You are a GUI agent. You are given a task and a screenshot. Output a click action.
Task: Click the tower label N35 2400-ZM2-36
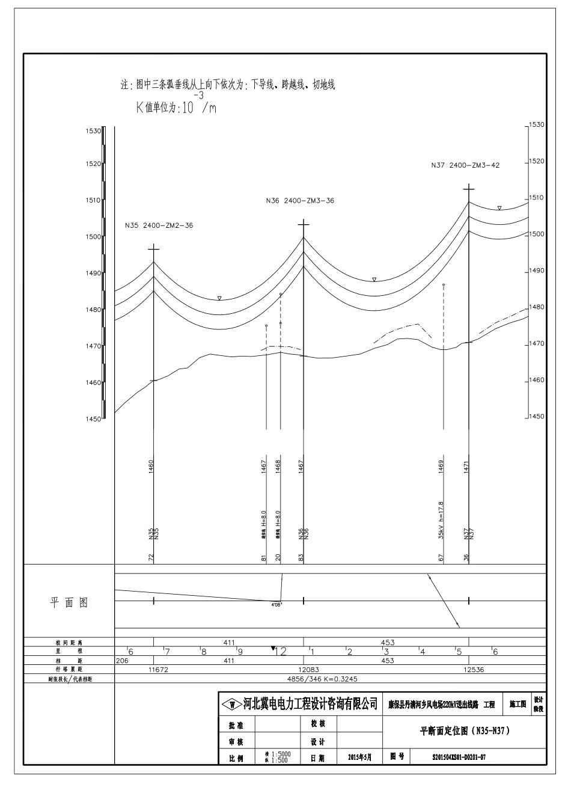pyautogui.click(x=159, y=225)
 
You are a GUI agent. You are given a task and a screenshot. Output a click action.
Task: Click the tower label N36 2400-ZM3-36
pyautogui.click(x=300, y=201)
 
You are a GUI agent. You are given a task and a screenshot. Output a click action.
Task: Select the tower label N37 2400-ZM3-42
pyautogui.click(x=465, y=165)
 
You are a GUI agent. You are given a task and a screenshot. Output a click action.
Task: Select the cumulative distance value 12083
pyautogui.click(x=303, y=669)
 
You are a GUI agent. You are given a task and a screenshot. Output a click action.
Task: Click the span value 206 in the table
pyautogui.click(x=123, y=660)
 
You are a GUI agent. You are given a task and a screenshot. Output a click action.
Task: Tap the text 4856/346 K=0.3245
pyautogui.click(x=332, y=678)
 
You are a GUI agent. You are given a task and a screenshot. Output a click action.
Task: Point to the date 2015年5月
pyautogui.click(x=359, y=757)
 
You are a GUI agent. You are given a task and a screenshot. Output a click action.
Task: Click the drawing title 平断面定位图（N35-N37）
pyautogui.click(x=465, y=731)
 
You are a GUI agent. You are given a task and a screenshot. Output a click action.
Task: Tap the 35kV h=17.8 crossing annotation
pyautogui.click(x=441, y=519)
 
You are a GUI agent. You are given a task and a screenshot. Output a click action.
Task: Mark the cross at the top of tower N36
pyautogui.click(x=304, y=224)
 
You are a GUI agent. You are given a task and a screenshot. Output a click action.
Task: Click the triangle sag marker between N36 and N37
pyautogui.click(x=374, y=280)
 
